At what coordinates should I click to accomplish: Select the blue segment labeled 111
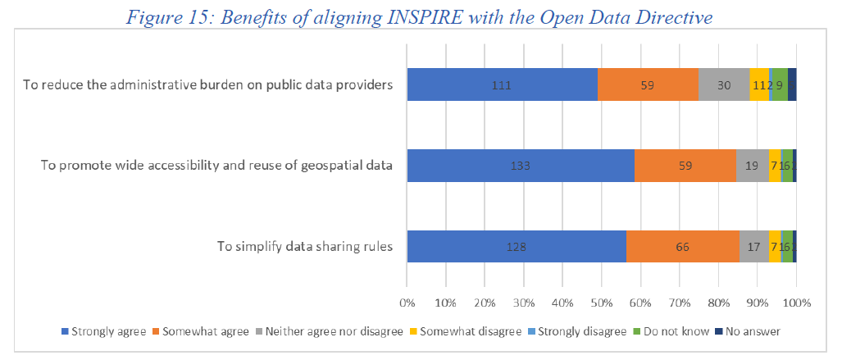[x=502, y=84]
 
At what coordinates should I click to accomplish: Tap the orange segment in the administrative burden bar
[x=648, y=84]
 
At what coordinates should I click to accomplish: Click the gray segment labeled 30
[x=723, y=84]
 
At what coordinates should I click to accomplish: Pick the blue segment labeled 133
[x=521, y=166]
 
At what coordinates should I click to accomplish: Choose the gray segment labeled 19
[x=752, y=166]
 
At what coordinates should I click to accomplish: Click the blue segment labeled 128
[x=516, y=247]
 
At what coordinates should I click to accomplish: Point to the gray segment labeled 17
[x=753, y=247]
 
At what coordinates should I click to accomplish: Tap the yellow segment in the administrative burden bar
[x=758, y=84]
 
